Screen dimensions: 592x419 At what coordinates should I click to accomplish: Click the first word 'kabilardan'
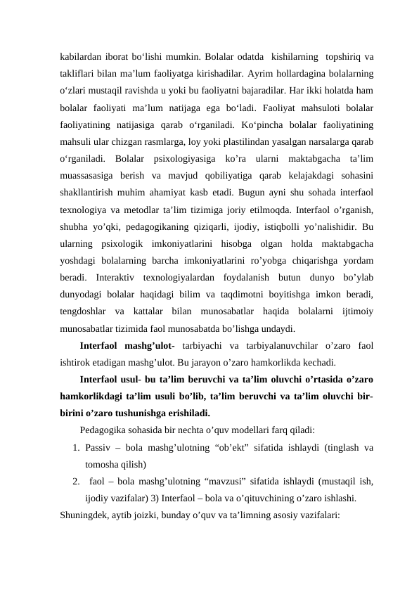[79, 56]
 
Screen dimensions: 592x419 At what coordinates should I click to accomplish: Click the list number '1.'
[76, 448]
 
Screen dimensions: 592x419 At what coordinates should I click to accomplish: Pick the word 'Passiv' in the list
[96, 448]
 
